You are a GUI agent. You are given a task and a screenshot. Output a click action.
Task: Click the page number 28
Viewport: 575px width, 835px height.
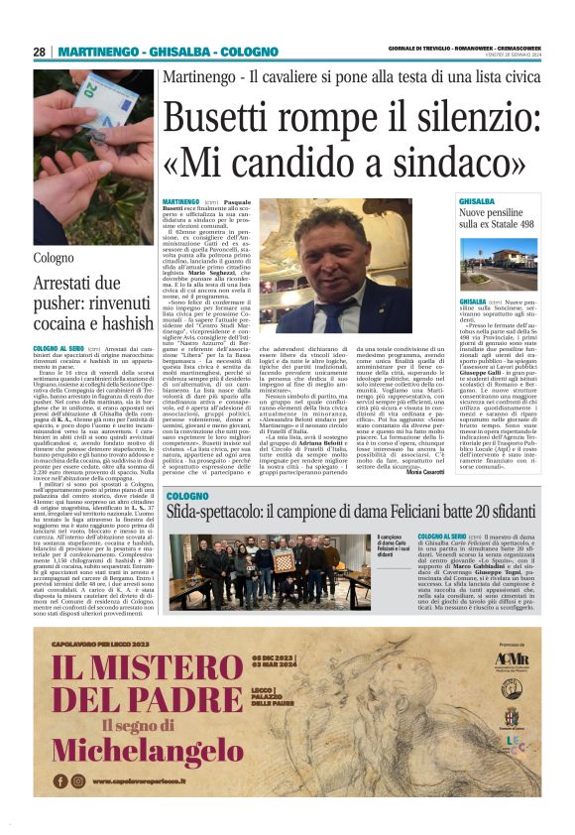[x=40, y=52]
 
